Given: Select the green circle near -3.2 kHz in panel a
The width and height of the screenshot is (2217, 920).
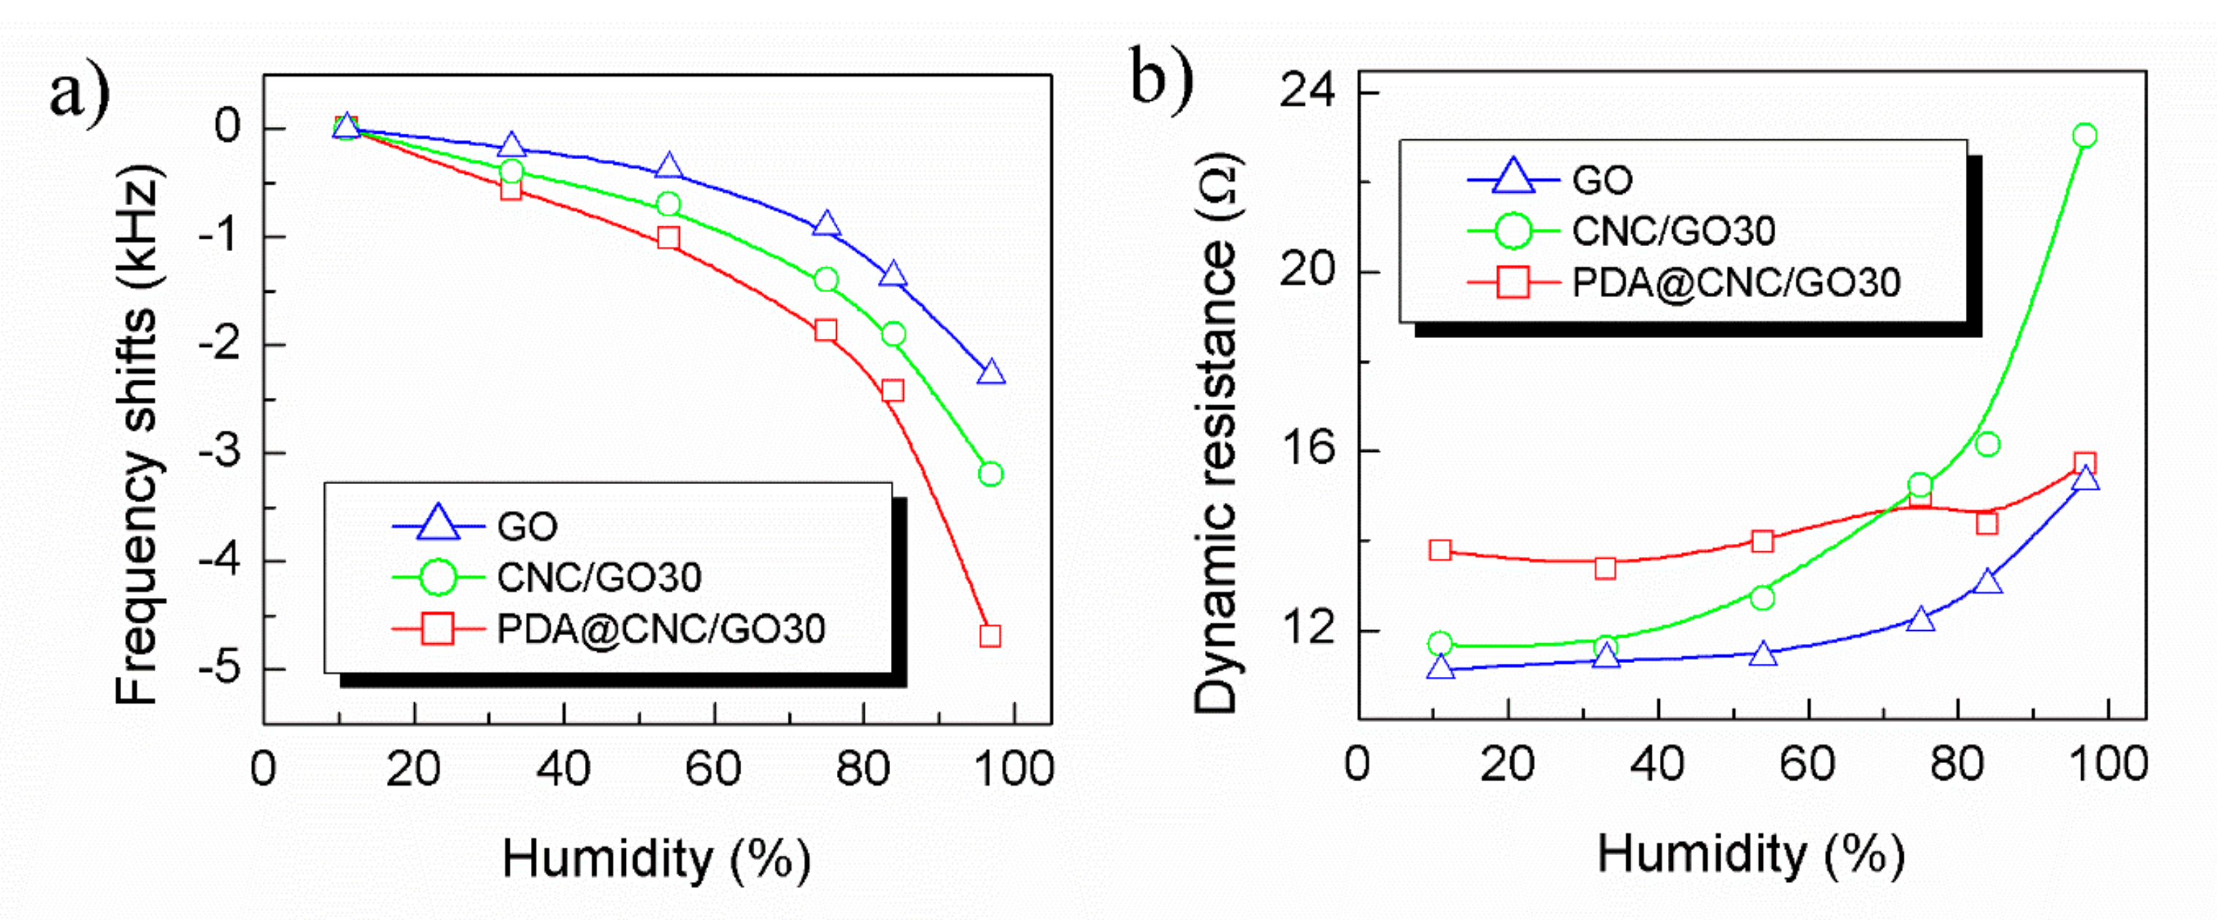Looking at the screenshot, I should tap(991, 474).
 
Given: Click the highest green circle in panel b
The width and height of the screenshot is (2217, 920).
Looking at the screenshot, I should tap(2084, 136).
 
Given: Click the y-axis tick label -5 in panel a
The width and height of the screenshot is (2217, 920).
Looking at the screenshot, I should tap(221, 668).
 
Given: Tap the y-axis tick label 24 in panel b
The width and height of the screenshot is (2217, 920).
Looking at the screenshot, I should tap(1307, 90).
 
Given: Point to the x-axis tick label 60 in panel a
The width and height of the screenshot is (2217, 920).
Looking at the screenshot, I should tap(713, 769).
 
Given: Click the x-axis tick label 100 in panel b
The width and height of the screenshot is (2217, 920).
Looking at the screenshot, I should tap(2107, 764).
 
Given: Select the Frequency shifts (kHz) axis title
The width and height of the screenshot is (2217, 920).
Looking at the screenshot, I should tap(138, 434).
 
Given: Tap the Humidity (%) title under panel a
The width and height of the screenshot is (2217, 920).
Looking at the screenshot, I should tap(656, 859).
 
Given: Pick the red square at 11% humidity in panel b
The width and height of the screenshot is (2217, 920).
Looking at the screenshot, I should tap(1441, 551).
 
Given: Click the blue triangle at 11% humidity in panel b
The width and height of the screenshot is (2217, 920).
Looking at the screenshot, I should tap(1441, 668).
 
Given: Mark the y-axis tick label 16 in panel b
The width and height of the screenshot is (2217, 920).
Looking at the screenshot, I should tap(1307, 449).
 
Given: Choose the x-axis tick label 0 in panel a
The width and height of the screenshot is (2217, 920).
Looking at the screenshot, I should tap(264, 769).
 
